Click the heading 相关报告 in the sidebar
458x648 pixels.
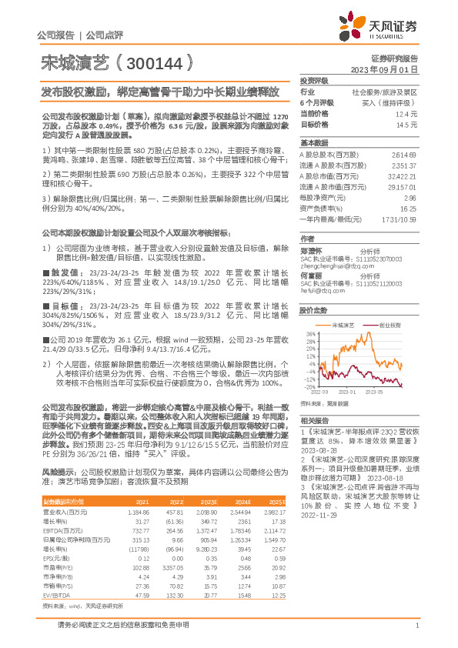click(x=313, y=421)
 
